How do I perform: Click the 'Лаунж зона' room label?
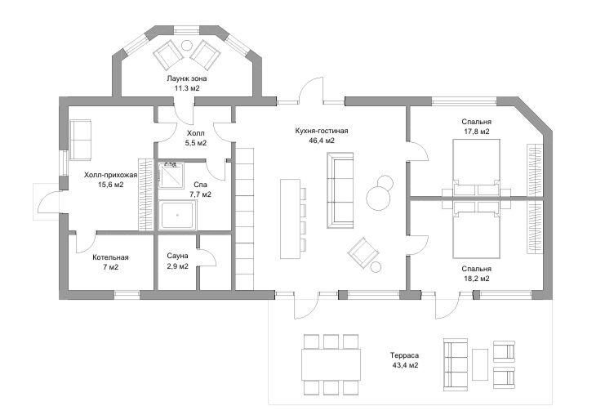(x=187, y=78)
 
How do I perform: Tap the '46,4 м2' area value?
(x=322, y=141)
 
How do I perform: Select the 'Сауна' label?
(x=177, y=256)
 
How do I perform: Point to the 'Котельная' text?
(x=110, y=257)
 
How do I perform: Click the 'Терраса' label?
(x=404, y=355)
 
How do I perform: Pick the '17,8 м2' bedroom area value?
(x=477, y=132)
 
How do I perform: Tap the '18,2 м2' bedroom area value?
(x=477, y=279)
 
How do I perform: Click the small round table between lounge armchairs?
(x=187, y=45)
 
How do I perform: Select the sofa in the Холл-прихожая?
(x=80, y=140)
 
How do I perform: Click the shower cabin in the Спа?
(x=171, y=176)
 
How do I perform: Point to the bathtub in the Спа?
(x=177, y=215)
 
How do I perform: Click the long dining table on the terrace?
(x=331, y=364)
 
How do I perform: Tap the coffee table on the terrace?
(x=479, y=364)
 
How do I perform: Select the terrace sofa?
(x=456, y=364)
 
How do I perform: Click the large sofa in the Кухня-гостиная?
(x=340, y=190)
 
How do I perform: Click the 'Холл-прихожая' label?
(x=111, y=176)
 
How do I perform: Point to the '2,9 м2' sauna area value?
(x=177, y=266)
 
